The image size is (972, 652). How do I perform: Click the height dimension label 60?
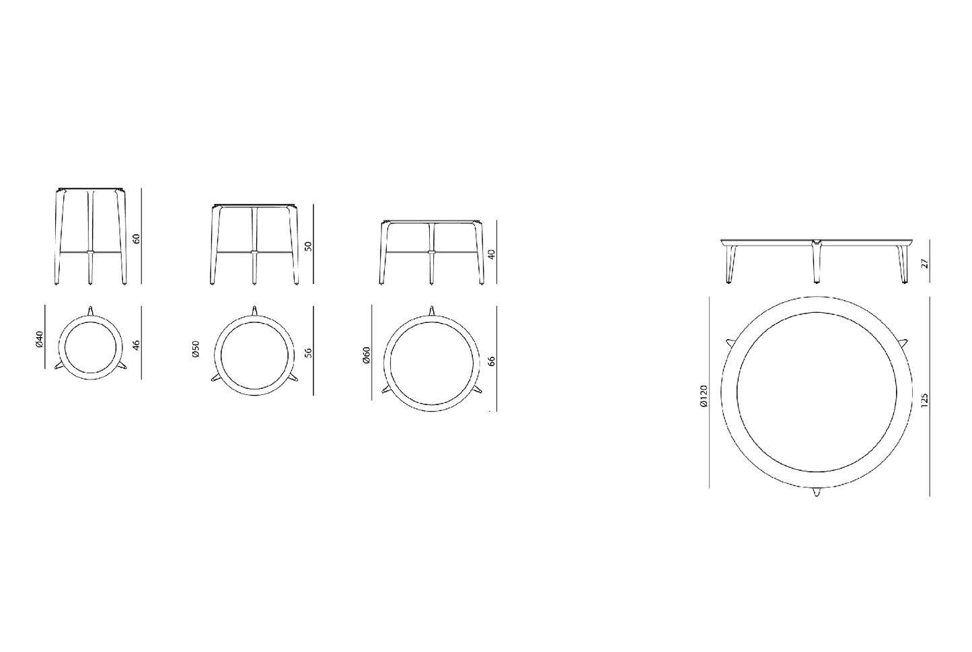[x=137, y=239]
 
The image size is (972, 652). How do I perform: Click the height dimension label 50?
[x=309, y=246]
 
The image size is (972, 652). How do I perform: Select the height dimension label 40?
[x=492, y=254]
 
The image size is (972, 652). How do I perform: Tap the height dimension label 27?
[x=925, y=264]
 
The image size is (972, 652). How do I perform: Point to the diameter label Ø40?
[x=40, y=339]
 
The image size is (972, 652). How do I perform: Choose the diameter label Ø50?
[x=196, y=349]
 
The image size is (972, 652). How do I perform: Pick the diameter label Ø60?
[x=367, y=355]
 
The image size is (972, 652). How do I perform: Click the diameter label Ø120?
[x=704, y=396]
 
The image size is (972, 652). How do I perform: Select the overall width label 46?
[x=137, y=345]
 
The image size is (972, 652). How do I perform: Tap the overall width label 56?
[x=309, y=352]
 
